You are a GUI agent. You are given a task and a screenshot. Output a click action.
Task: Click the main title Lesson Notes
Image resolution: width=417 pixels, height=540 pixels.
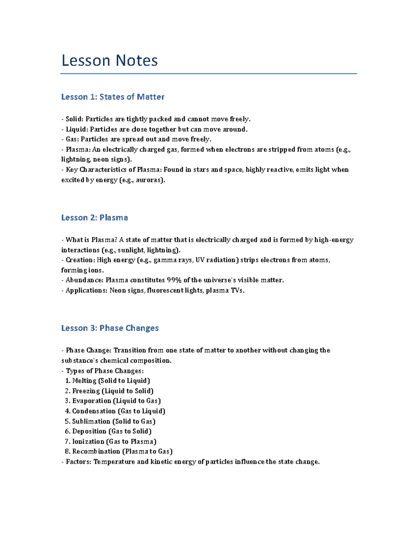[x=109, y=61]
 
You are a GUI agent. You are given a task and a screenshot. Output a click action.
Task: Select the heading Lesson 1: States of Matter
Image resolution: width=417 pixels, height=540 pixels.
[x=113, y=97]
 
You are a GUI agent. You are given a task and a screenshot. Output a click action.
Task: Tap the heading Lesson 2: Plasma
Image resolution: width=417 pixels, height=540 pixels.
[x=95, y=218]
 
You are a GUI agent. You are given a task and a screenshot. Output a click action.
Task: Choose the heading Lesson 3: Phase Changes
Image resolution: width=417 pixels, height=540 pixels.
[x=110, y=328]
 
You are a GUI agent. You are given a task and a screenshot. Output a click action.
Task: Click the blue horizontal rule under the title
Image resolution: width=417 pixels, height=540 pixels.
[x=208, y=74]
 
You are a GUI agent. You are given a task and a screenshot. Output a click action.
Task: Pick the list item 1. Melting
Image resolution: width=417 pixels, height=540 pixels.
[x=81, y=381]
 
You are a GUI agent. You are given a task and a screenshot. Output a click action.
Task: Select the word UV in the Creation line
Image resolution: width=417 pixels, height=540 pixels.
[x=200, y=260]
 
